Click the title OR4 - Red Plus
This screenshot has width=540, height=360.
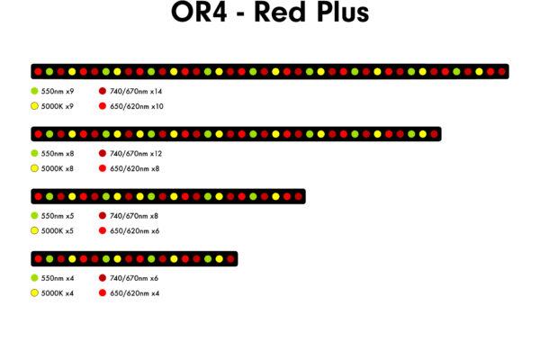(270, 12)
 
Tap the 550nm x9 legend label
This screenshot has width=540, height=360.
(58, 91)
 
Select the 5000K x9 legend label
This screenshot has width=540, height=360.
(58, 106)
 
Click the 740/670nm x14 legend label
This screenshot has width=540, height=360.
(136, 91)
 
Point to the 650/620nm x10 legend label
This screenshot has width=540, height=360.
(137, 106)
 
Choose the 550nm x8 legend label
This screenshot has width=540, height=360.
(58, 154)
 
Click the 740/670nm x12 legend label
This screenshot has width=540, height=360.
(136, 154)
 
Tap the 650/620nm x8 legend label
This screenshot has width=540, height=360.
(135, 169)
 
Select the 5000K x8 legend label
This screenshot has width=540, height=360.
(58, 169)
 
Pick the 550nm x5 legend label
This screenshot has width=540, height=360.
(58, 216)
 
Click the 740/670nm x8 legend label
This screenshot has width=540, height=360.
(134, 216)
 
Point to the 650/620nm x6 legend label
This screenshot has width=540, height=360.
(135, 231)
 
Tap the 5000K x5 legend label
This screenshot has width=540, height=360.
(58, 231)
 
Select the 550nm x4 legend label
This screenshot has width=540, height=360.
(58, 278)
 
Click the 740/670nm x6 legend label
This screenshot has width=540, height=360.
(134, 278)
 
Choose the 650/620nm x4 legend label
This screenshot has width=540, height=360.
(135, 293)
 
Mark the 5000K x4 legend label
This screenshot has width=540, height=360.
(58, 293)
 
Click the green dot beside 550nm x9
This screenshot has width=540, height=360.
(34, 91)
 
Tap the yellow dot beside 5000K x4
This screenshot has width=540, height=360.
(34, 293)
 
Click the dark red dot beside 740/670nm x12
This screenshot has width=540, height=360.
(103, 153)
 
